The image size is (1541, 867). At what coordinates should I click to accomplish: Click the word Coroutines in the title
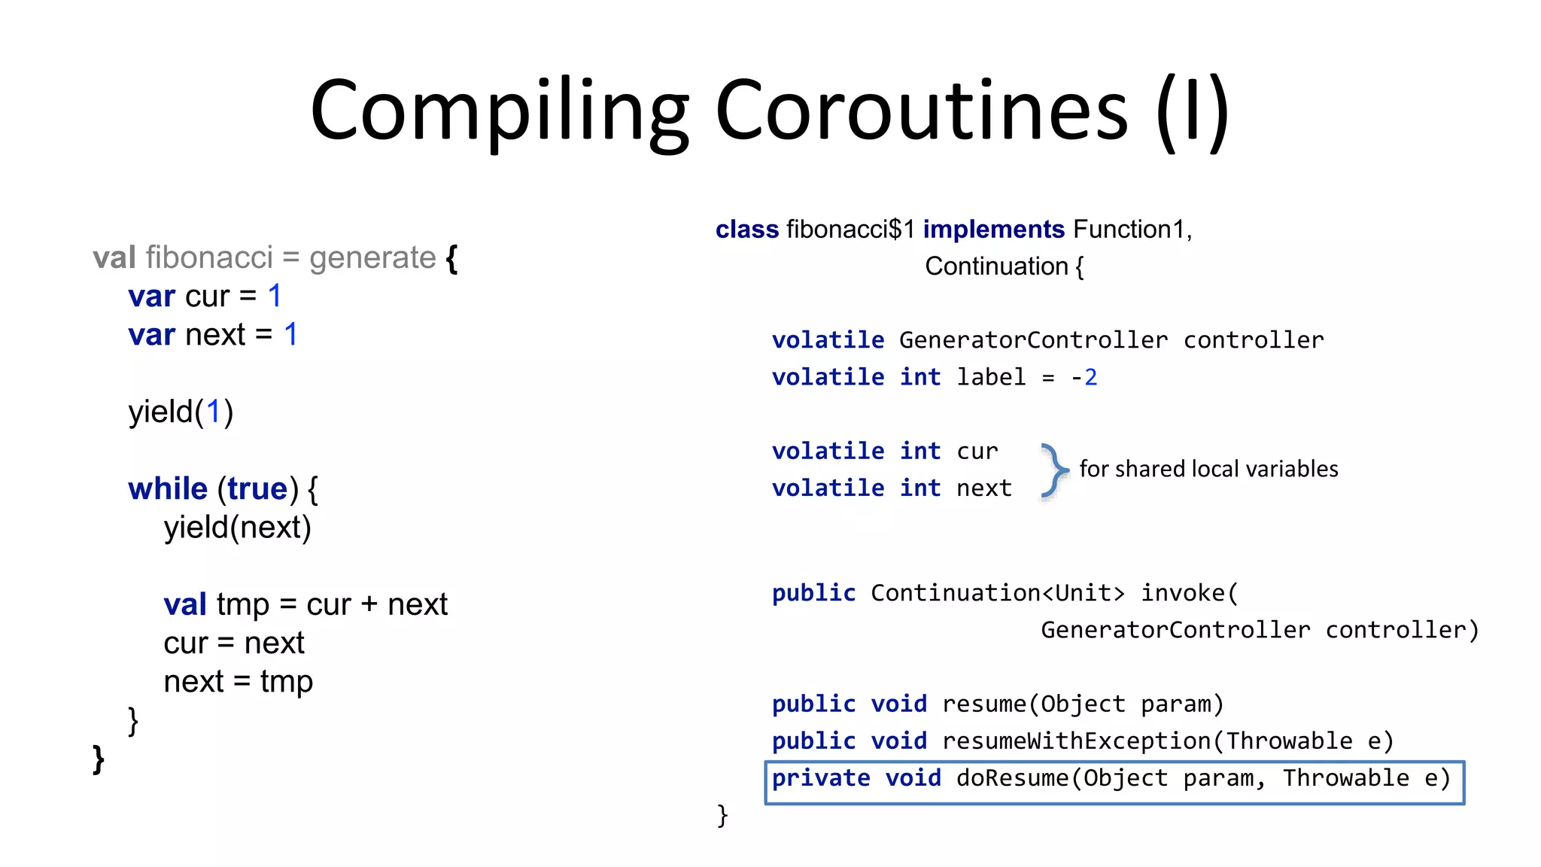[x=922, y=111]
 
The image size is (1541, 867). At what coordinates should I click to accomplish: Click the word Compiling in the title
[x=499, y=111]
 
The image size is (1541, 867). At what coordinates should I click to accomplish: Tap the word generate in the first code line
[x=372, y=257]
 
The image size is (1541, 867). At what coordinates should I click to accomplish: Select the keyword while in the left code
[x=168, y=489]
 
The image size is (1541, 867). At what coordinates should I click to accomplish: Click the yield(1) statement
[x=181, y=412]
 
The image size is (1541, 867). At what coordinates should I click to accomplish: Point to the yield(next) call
[x=237, y=527]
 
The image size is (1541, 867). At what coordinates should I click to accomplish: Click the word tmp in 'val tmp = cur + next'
[x=242, y=604]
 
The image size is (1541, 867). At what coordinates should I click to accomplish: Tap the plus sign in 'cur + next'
[x=369, y=605]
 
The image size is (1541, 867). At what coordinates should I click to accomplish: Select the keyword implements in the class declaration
[x=993, y=229]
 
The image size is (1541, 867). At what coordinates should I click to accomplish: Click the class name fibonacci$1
[x=850, y=229]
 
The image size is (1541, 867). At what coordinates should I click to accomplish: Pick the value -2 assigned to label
[x=1084, y=376]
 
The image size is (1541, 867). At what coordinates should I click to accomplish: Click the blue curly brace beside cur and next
[x=1054, y=470]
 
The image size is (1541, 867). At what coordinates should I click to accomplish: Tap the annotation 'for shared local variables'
[x=1208, y=469]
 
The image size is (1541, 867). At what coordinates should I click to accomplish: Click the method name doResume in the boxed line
[x=1012, y=778]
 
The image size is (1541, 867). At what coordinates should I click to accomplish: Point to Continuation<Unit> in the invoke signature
[x=997, y=593]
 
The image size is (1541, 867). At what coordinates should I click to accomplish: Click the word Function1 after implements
[x=1129, y=229]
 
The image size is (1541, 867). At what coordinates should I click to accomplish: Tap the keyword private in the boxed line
[x=821, y=778]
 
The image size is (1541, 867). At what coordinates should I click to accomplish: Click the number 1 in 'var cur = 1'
[x=275, y=296]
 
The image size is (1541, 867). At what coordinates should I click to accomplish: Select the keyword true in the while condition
[x=257, y=489]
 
